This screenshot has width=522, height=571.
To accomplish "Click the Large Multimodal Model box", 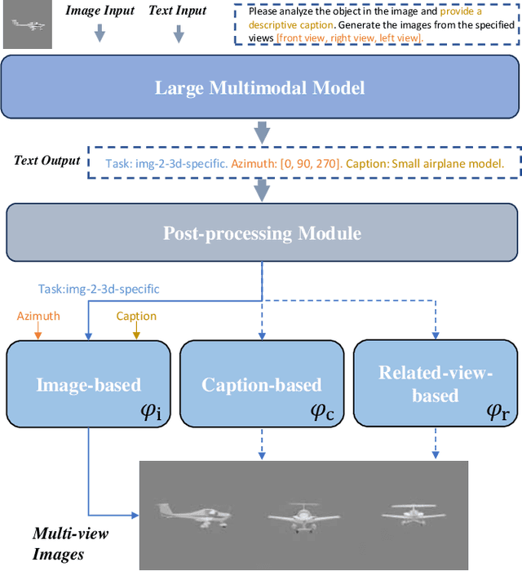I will [x=262, y=88].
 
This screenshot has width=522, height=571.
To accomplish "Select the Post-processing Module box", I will [x=262, y=233].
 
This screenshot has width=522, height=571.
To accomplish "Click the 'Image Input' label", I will [x=100, y=11].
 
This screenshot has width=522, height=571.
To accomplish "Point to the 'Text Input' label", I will [x=177, y=11].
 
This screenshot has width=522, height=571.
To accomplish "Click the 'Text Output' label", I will [x=47, y=160].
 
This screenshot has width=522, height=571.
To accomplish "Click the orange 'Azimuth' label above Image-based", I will [x=38, y=316].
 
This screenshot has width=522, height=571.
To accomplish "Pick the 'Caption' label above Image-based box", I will [x=136, y=316].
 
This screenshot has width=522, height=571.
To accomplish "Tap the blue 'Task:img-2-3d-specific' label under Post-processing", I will [x=99, y=289].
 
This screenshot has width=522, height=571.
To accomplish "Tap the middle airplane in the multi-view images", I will [x=303, y=515].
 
